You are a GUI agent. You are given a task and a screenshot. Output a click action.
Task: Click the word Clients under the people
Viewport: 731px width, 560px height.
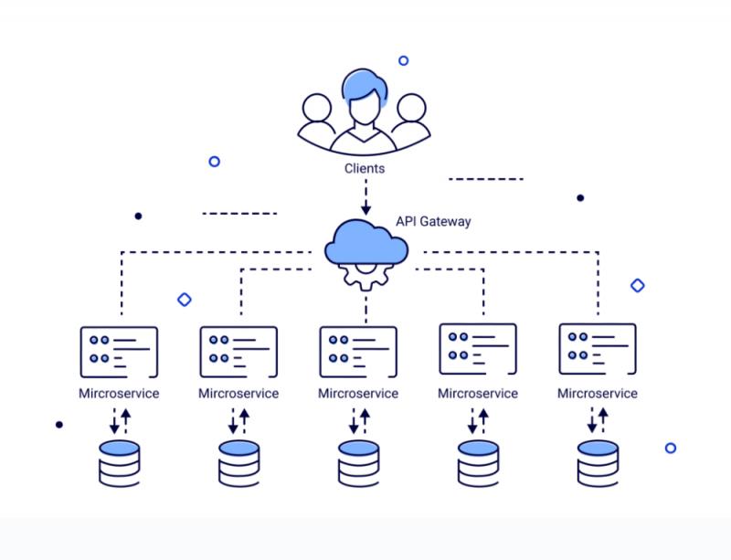coord(365,168)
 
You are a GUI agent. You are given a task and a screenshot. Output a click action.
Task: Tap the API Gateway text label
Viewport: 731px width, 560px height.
coord(433,221)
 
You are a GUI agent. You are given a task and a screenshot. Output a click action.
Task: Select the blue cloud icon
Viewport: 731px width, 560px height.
coord(366,242)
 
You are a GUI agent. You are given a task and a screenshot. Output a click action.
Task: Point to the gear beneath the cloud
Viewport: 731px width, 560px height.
coord(366,277)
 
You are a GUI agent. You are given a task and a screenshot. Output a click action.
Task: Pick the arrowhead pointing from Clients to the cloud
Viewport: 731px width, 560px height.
coord(366,208)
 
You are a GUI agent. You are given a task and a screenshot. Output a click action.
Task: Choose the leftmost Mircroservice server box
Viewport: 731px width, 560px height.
coord(119,352)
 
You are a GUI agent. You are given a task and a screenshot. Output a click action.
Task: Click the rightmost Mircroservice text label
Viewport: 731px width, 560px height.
coord(598,394)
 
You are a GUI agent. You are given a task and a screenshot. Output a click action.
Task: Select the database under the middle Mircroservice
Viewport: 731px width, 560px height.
coord(358,463)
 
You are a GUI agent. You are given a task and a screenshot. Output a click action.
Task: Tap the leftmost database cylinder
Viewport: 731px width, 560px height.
coord(120,463)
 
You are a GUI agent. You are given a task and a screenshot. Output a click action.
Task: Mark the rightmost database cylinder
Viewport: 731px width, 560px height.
coord(598,463)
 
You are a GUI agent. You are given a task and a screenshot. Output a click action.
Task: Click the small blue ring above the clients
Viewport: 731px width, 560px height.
coord(404,60)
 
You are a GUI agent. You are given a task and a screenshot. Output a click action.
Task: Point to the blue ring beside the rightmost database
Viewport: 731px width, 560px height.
coord(671,449)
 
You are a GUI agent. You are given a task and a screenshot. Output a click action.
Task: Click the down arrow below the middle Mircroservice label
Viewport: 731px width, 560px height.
coord(354,420)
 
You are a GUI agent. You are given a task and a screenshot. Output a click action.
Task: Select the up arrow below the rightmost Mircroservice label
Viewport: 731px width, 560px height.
coord(603,420)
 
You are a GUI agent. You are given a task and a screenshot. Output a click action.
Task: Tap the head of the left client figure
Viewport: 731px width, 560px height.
coord(316,108)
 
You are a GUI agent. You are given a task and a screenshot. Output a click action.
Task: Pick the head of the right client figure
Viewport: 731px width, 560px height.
coord(411,108)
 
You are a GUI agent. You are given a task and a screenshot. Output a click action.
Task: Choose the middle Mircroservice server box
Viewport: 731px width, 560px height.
coord(358,352)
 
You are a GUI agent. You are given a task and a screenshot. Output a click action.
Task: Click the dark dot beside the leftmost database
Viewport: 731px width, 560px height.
coord(59,425)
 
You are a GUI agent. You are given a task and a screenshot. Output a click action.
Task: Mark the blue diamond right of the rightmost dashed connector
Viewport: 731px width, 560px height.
coord(637,285)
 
